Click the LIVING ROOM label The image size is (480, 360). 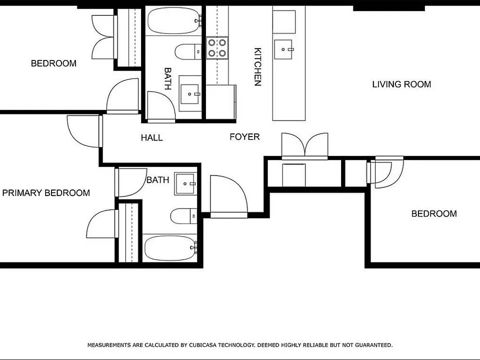(401, 84)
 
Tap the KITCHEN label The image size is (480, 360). (258, 66)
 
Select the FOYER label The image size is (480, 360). (244, 136)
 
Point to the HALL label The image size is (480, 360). (151, 138)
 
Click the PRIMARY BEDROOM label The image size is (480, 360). (46, 193)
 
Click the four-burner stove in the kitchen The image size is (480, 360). (217, 48)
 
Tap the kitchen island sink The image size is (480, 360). (283, 49)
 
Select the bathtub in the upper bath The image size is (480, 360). (173, 20)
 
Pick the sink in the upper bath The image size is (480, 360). (190, 93)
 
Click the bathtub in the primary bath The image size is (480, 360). (170, 248)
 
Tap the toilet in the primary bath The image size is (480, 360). (183, 216)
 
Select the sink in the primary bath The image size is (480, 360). (185, 183)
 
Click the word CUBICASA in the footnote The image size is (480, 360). (202, 345)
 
